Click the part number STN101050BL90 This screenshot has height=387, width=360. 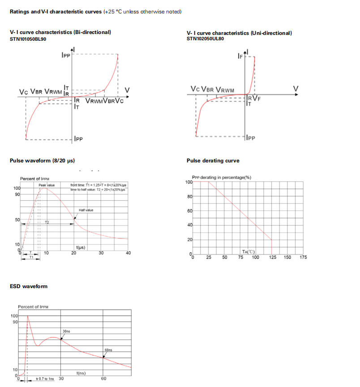(x=28, y=39)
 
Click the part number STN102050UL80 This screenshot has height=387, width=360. (x=205, y=39)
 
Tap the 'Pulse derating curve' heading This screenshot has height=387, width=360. (x=213, y=161)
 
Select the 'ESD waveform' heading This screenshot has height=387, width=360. (x=28, y=286)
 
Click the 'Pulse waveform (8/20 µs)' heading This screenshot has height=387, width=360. (x=42, y=161)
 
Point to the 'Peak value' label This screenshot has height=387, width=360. (x=47, y=185)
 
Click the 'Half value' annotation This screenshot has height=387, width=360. (x=86, y=210)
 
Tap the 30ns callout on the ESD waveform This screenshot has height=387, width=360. (x=66, y=331)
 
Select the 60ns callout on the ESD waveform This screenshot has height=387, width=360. (x=108, y=350)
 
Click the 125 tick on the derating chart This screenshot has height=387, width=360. (x=272, y=257)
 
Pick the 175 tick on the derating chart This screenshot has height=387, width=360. (x=303, y=257)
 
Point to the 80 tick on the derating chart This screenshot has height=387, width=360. (x=189, y=196)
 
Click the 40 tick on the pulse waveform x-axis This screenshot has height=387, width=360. (x=128, y=253)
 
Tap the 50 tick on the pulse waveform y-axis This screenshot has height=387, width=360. (x=17, y=220)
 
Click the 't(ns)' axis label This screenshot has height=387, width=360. (x=81, y=373)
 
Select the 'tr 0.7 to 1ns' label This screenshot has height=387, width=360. (x=44, y=379)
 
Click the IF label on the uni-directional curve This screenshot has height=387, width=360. (x=240, y=57)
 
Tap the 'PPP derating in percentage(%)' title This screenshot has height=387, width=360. (x=221, y=177)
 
